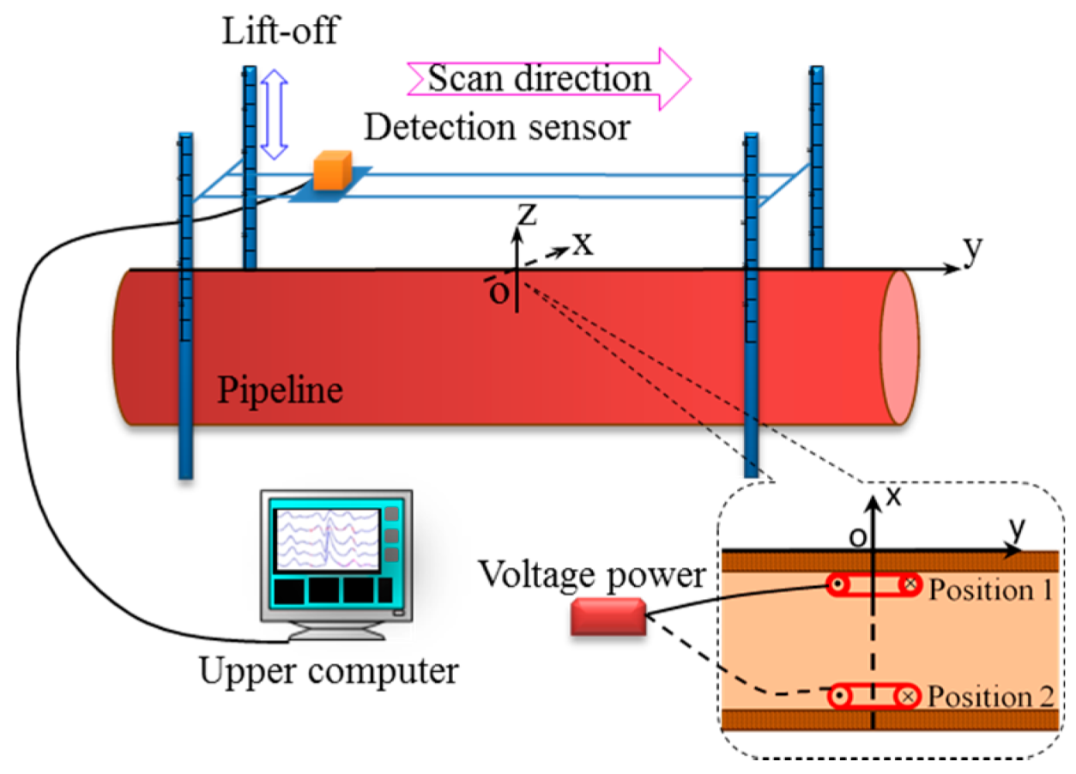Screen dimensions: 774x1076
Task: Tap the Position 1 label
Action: (991, 590)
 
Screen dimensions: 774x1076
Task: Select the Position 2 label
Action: (991, 696)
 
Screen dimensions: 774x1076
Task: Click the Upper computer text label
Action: (329, 671)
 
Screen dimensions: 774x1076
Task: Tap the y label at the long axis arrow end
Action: (972, 248)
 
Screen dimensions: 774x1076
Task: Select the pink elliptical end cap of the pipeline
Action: (900, 347)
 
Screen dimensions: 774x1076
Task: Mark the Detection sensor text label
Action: (497, 128)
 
